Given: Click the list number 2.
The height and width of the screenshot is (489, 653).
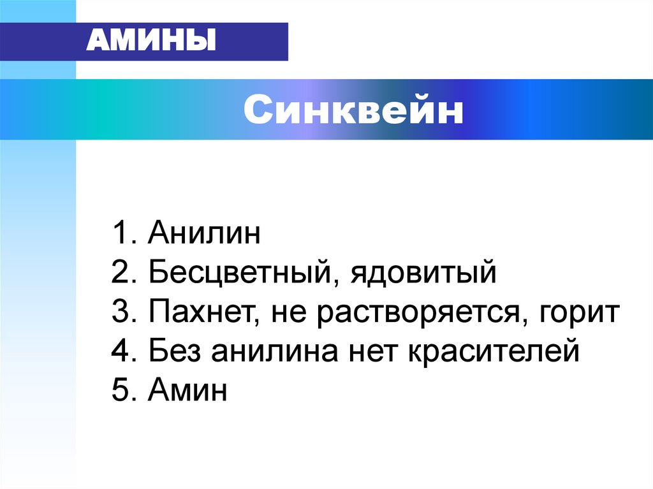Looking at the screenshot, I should (121, 274).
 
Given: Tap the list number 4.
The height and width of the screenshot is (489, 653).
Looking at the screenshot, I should (121, 351).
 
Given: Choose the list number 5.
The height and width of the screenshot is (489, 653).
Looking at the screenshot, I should (121, 390).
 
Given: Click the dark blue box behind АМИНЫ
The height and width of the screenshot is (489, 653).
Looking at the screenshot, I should (255, 42).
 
